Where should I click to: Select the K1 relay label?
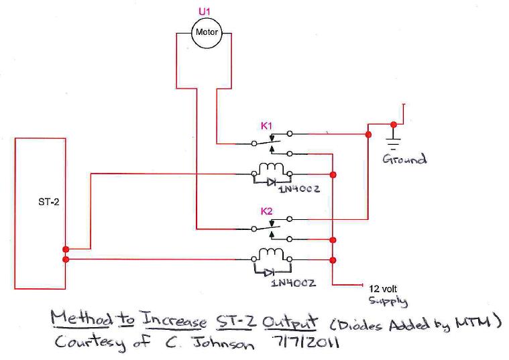tap(267, 125)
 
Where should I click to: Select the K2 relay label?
tap(267, 211)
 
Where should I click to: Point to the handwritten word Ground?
tap(404, 160)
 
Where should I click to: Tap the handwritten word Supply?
tap(386, 300)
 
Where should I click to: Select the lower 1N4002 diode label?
tap(294, 283)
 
